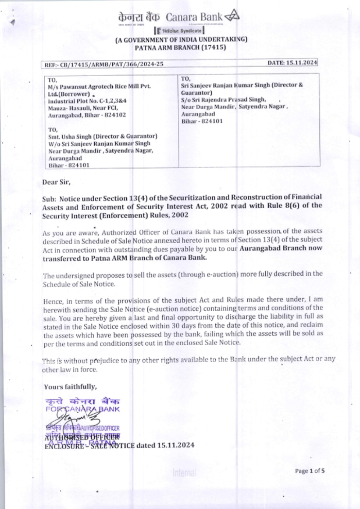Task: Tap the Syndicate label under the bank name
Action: [x=191, y=31]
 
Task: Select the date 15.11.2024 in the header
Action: [x=302, y=63]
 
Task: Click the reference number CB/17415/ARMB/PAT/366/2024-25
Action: [x=112, y=64]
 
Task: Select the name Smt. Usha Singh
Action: [x=70, y=136]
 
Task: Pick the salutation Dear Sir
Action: [x=56, y=182]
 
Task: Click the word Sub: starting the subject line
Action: [x=49, y=199]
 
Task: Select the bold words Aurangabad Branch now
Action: [x=281, y=248]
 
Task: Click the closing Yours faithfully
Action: [x=70, y=387]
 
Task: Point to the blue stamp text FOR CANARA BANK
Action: [x=82, y=409]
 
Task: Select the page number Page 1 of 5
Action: [x=310, y=471]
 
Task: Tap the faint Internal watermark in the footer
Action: [x=184, y=472]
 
